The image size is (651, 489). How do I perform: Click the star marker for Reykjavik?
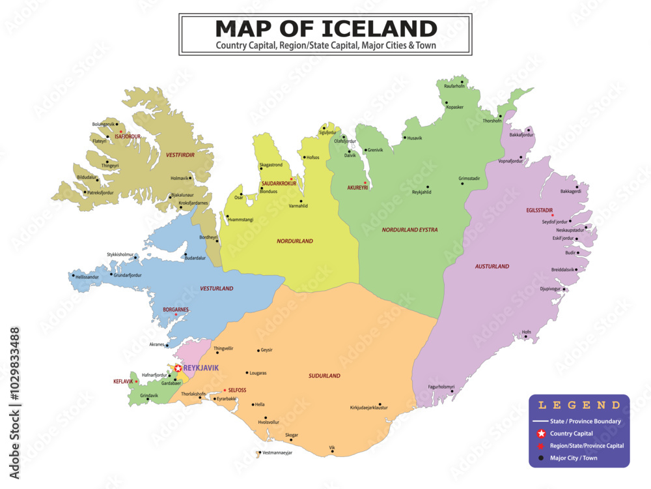pos(178,368)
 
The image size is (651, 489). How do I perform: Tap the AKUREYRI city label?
pos(357,188)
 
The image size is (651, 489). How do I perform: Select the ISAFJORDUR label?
pos(128,137)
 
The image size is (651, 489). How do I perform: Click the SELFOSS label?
pos(237,390)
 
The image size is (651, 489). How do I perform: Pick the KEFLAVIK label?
pos(122,381)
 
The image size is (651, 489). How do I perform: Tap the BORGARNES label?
pos(175,310)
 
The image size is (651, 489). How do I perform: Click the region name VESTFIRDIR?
pos(180,155)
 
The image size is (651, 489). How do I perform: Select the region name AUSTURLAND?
pos(492,266)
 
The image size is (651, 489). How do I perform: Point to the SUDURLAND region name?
pos(324,376)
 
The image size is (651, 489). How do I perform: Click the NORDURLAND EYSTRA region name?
pos(409,230)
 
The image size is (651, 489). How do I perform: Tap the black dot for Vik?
pos(332,451)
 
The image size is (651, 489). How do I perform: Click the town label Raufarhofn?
pos(454,86)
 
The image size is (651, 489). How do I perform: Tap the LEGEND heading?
pos(579,406)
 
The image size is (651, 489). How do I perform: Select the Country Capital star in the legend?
pos(540,434)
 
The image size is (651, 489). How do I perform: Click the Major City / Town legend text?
pos(574,458)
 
